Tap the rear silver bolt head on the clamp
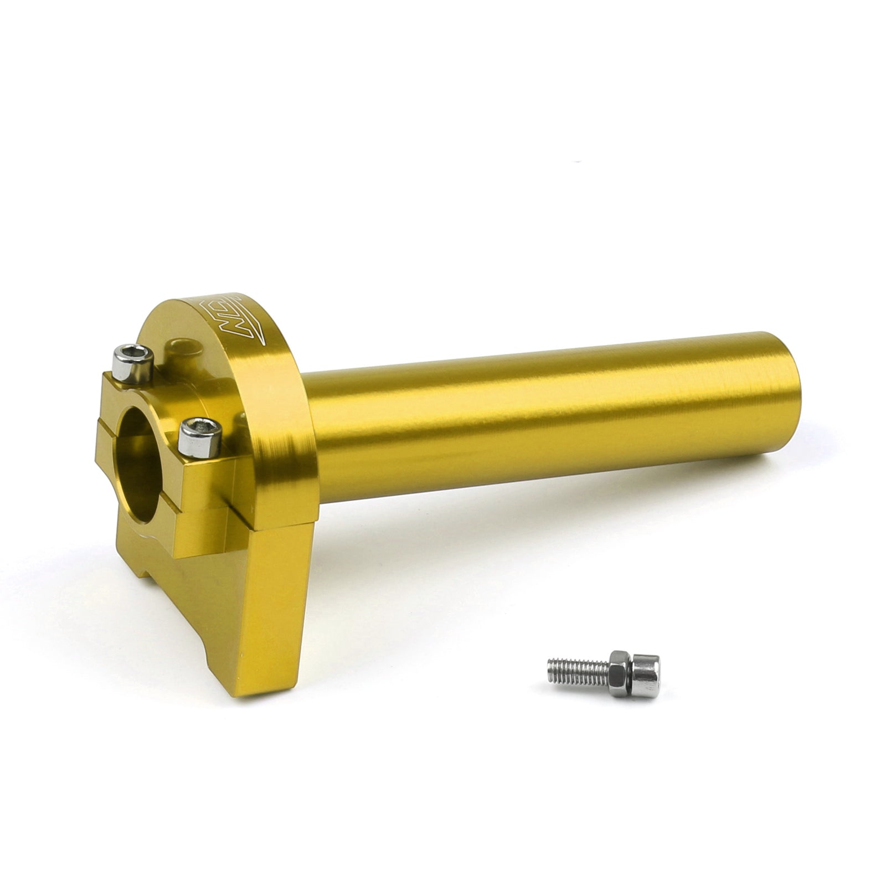click(131, 363)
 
